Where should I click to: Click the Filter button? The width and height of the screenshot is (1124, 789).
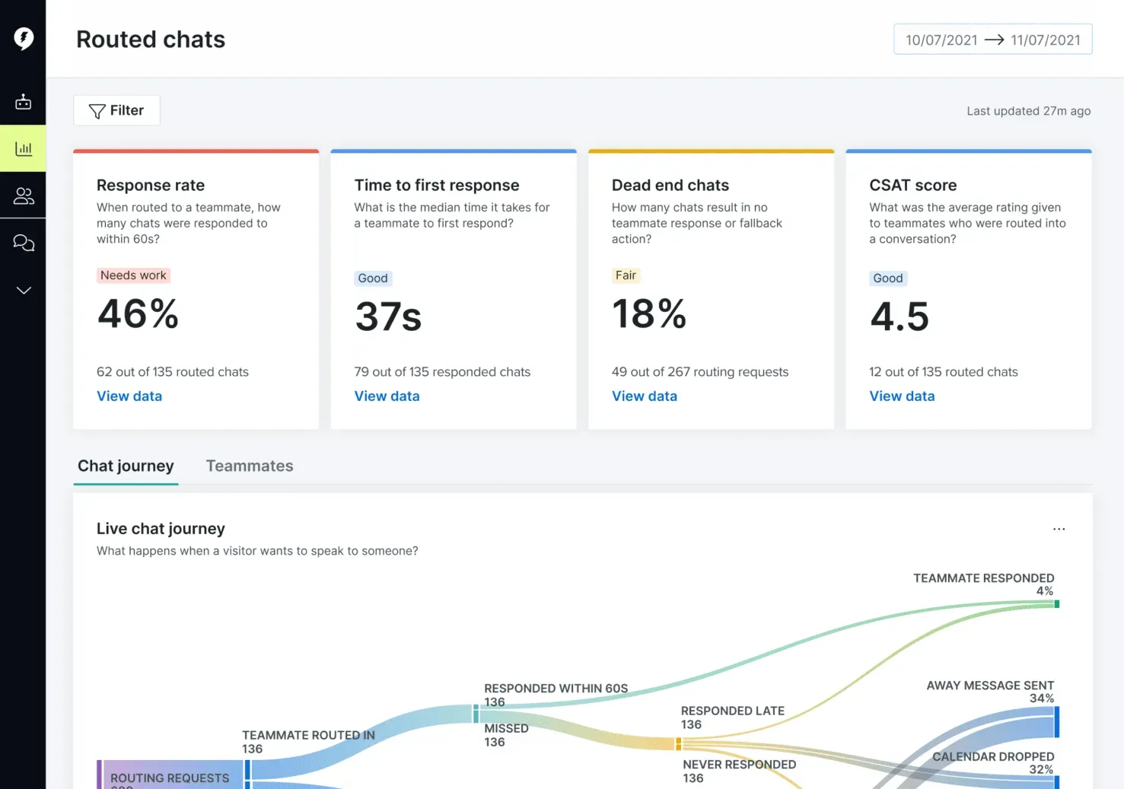pos(116,110)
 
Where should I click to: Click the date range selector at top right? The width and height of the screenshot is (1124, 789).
pos(992,40)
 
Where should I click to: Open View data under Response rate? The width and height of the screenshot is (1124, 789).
pos(129,396)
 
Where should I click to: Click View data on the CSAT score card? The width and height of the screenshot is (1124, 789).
pos(902,396)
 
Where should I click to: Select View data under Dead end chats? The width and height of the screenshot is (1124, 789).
pos(644,396)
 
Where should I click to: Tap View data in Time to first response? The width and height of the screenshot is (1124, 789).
pos(387,396)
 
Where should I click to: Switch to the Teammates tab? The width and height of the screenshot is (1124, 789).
pos(249,466)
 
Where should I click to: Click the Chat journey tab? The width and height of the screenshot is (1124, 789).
pos(126,466)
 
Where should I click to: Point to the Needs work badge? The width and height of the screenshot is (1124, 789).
pos(133,275)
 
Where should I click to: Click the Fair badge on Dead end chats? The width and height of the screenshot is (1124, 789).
pos(626,275)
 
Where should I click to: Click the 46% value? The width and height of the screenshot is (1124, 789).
pos(138,313)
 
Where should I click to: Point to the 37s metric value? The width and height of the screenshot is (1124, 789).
pos(388,317)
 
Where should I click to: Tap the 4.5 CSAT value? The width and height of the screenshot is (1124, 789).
pos(899,317)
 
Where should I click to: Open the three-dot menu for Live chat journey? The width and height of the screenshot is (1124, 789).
pos(1059,529)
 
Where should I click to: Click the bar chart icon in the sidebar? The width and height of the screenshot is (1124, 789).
pos(23,148)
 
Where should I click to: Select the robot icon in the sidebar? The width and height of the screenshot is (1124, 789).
pos(23,101)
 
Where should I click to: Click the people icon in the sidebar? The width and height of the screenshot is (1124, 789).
pos(23,196)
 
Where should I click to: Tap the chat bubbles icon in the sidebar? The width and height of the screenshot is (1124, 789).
pos(23,243)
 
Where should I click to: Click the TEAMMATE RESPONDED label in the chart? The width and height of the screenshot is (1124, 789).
pos(983,578)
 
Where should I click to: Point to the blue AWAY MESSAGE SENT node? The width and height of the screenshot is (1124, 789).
pos(1056,722)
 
